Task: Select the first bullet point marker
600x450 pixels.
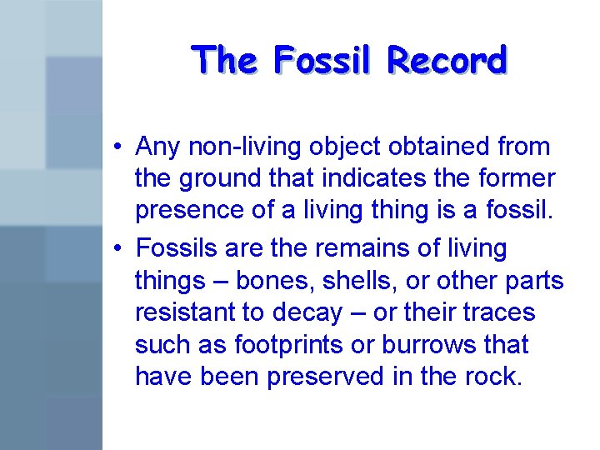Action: coord(121,147)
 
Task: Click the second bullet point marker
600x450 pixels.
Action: coord(121,249)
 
